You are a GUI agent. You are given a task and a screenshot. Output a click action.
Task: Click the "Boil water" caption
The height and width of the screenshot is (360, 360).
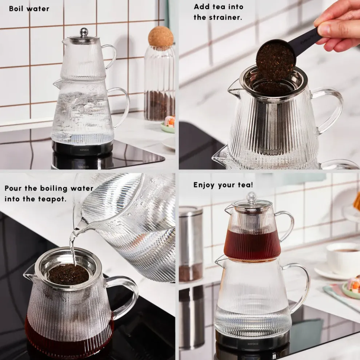(29, 9)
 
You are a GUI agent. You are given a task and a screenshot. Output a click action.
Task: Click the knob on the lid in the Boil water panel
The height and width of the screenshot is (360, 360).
(84, 32)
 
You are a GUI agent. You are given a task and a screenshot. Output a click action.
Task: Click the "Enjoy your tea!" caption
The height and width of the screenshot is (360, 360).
(223, 185)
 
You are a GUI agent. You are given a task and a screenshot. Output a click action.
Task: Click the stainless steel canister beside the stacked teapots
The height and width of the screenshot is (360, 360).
(191, 244)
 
